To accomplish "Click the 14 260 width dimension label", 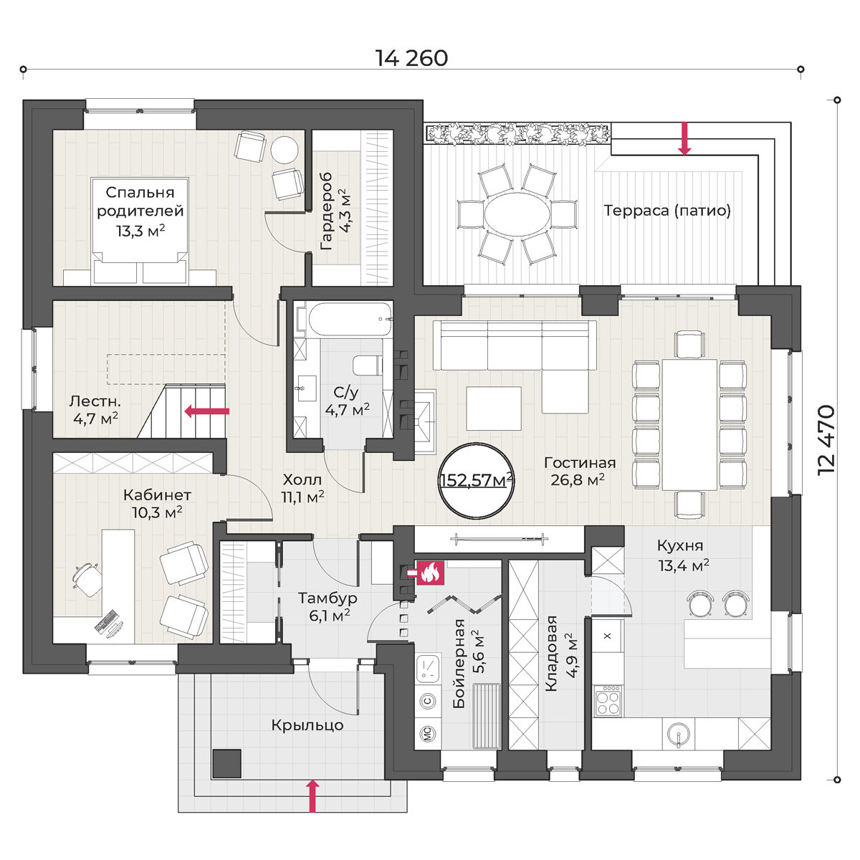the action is pyautogui.click(x=411, y=59).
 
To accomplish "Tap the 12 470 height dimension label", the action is pyautogui.click(x=826, y=440).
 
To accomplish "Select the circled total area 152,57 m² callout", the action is pyautogui.click(x=476, y=481).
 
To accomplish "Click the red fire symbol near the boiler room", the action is pyautogui.click(x=430, y=573).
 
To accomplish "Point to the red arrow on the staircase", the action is pyautogui.click(x=207, y=411).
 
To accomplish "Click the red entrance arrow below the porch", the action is pyautogui.click(x=313, y=795).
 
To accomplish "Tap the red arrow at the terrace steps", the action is pyautogui.click(x=684, y=138).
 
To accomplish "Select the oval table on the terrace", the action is pyautogui.click(x=517, y=216).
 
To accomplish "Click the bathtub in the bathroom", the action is pyautogui.click(x=350, y=320).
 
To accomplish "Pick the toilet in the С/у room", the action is pyautogui.click(x=368, y=365).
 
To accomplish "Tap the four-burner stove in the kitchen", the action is pyautogui.click(x=608, y=701).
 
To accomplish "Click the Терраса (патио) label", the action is pyautogui.click(x=667, y=210).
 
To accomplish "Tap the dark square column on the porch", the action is pyautogui.click(x=226, y=763).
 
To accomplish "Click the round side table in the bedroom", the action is pyautogui.click(x=284, y=150).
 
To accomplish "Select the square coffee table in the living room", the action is pyautogui.click(x=494, y=408).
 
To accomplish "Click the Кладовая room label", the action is pyautogui.click(x=560, y=654).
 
